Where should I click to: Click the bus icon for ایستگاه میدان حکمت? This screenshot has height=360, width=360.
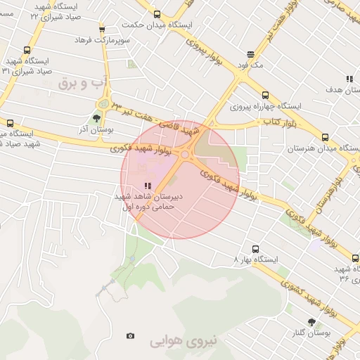click(x=157, y=13)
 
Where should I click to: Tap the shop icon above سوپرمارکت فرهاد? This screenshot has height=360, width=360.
click(x=102, y=29)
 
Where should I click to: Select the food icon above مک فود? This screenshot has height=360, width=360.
click(x=250, y=54)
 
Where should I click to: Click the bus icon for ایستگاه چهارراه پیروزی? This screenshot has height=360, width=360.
click(x=264, y=96)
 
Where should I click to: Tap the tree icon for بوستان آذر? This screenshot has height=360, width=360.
click(x=96, y=118)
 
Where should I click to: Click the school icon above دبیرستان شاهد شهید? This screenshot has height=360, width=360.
click(x=147, y=186)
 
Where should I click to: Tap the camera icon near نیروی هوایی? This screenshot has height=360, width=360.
click(x=129, y=336)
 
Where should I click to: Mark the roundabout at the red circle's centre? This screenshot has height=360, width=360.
click(x=185, y=155)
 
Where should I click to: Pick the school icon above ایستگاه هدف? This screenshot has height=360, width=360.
click(x=349, y=79)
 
